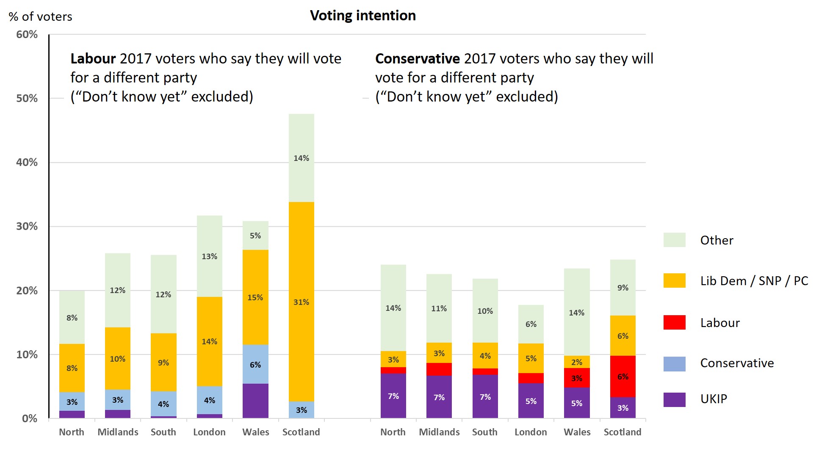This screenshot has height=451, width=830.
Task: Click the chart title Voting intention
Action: (x=362, y=16)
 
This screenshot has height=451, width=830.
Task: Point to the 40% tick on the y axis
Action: (x=27, y=162)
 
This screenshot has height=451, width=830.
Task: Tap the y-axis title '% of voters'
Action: (x=41, y=17)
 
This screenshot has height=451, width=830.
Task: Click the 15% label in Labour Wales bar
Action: (x=255, y=297)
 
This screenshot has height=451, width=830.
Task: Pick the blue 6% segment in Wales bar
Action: (x=255, y=364)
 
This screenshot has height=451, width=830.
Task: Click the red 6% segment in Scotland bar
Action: (x=622, y=376)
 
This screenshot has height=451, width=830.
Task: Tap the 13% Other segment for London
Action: (x=209, y=256)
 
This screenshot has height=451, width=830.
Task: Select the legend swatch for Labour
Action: (x=674, y=322)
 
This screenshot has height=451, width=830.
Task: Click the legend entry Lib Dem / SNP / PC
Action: (x=754, y=281)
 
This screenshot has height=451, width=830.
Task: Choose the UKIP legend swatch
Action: (x=674, y=399)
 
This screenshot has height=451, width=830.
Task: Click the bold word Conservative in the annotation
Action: (x=417, y=58)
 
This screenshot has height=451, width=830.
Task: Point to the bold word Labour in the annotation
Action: (x=93, y=58)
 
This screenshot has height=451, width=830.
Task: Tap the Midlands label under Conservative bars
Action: (x=439, y=432)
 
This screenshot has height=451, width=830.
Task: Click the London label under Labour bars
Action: (x=209, y=432)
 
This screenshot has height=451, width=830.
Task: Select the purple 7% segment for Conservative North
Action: (x=393, y=396)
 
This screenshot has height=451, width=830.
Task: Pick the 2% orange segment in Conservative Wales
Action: (x=576, y=362)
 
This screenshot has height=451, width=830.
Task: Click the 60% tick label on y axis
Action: (x=27, y=35)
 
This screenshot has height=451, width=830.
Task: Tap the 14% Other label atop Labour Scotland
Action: (x=301, y=158)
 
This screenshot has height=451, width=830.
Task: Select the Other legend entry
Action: (x=717, y=240)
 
